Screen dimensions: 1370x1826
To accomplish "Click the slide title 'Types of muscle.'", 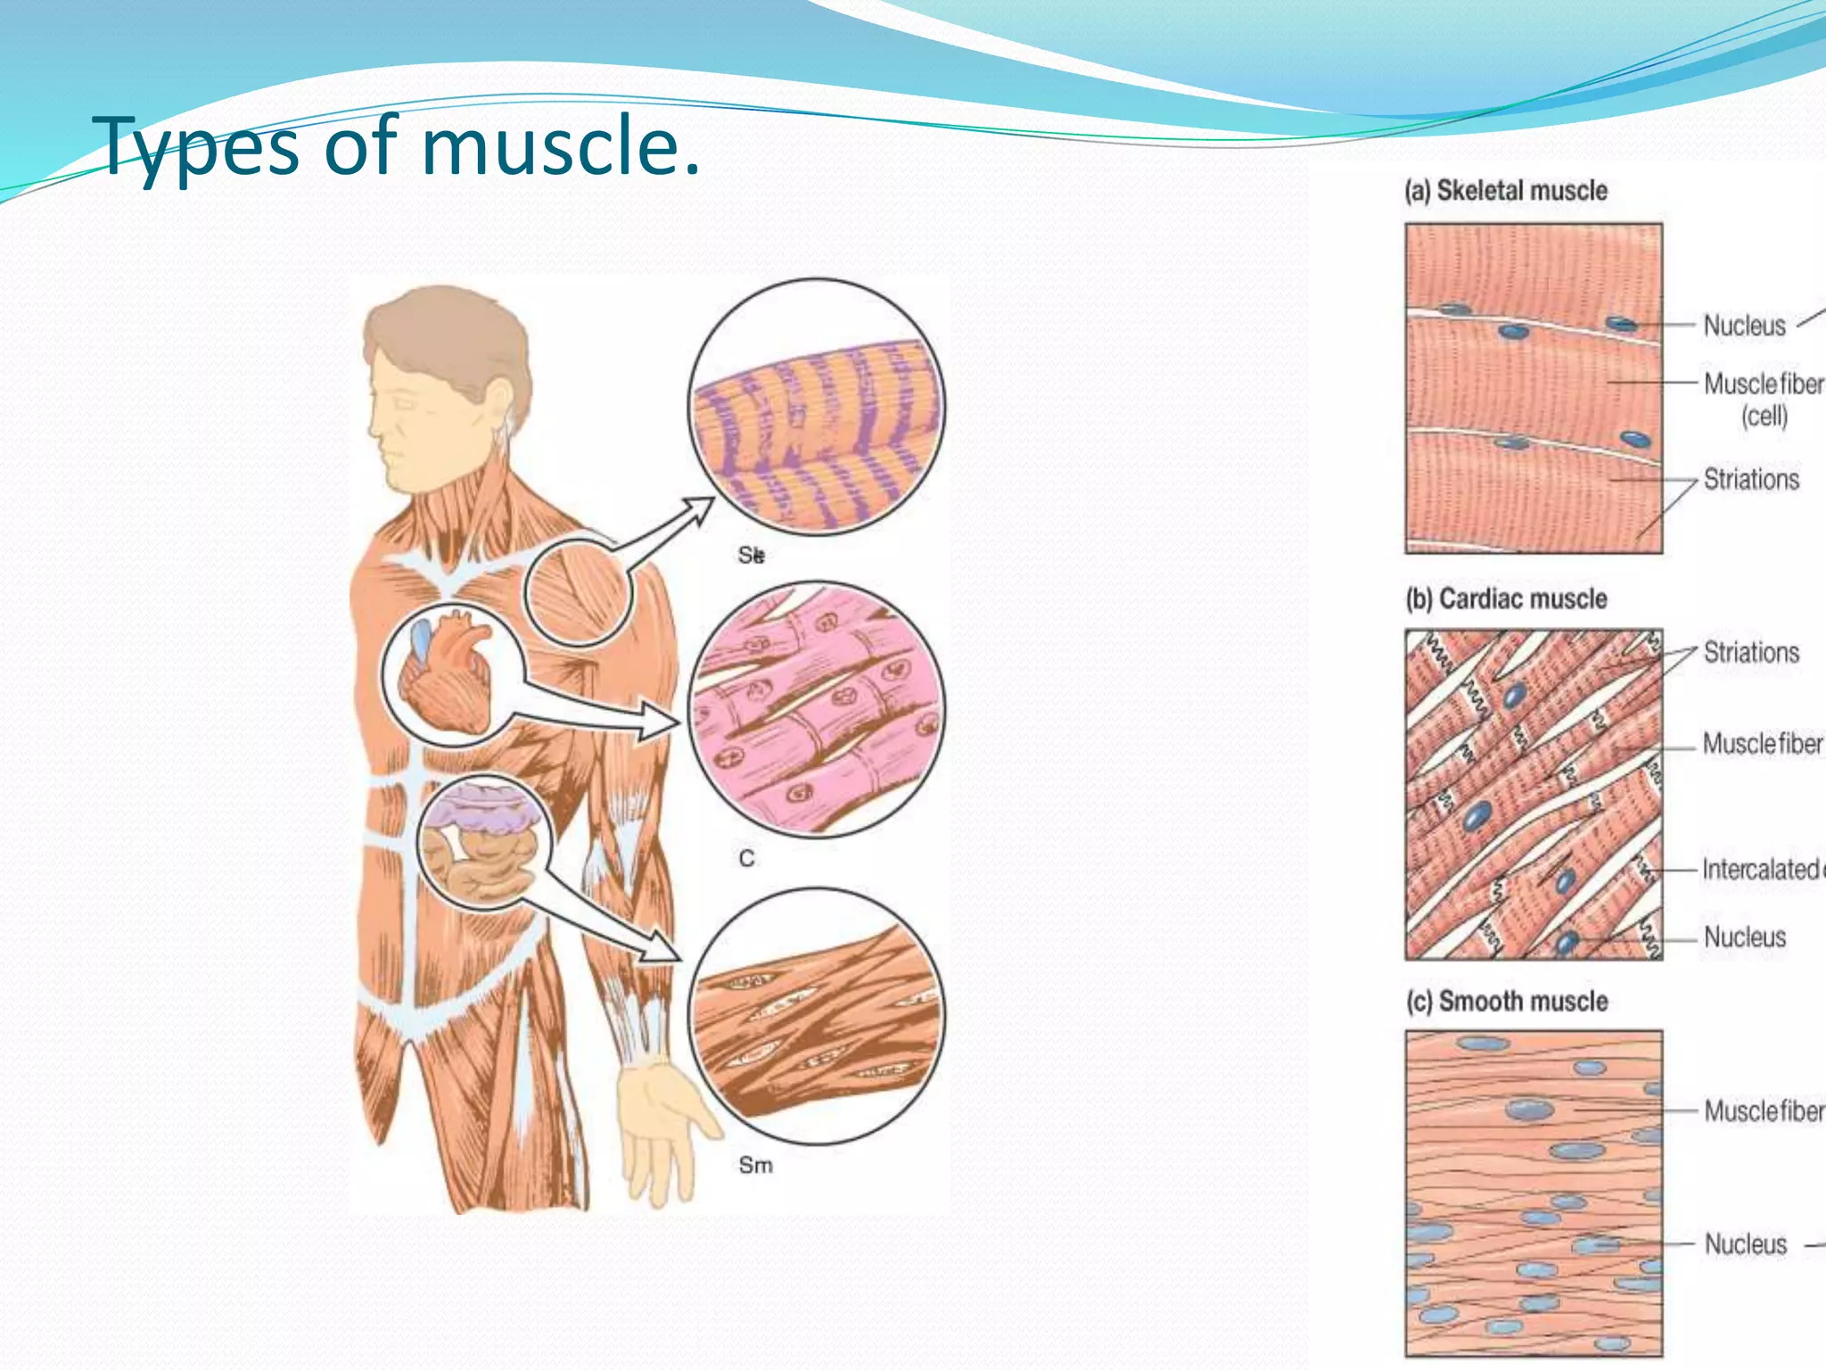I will pyautogui.click(x=399, y=145).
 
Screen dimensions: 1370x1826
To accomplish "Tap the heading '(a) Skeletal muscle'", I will pyautogui.click(x=1506, y=191).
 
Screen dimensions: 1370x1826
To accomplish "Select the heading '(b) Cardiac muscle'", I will pyautogui.click(x=1506, y=598).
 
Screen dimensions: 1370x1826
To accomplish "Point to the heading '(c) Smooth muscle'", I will pyautogui.click(x=1507, y=1002).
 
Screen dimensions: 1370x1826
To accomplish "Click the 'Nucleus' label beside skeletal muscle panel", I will pyautogui.click(x=1744, y=326).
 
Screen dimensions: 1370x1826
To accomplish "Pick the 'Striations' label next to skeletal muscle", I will pyautogui.click(x=1751, y=480).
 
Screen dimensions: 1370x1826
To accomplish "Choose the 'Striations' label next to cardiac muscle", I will pyautogui.click(x=1751, y=653).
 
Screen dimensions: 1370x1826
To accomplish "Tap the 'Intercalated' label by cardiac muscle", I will pyautogui.click(x=1761, y=869).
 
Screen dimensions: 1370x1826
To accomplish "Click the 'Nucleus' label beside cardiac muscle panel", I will pyautogui.click(x=1745, y=937).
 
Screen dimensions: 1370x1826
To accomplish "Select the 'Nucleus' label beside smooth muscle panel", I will pyautogui.click(x=1746, y=1244).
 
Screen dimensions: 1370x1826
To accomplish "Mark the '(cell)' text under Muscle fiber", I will pyautogui.click(x=1764, y=416).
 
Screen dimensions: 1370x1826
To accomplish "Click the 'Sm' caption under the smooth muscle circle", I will pyautogui.click(x=755, y=1166).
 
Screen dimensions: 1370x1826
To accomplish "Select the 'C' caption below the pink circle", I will pyautogui.click(x=746, y=859).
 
